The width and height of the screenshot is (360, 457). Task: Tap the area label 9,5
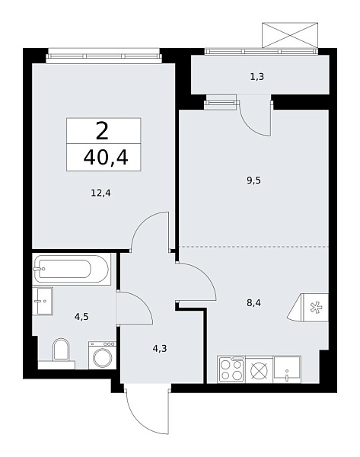tap(254, 181)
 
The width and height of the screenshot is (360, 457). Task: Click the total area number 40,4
tap(104, 159)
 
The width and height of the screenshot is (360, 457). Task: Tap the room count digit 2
tap(103, 131)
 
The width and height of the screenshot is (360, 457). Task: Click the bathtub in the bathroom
tap(72, 269)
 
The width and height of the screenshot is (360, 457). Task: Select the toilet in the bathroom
tap(61, 351)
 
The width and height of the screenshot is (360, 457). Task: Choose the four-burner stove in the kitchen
tap(231, 370)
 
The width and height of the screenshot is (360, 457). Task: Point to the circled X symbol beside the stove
tap(259, 370)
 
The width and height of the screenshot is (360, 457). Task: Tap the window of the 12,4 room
tap(104, 54)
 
